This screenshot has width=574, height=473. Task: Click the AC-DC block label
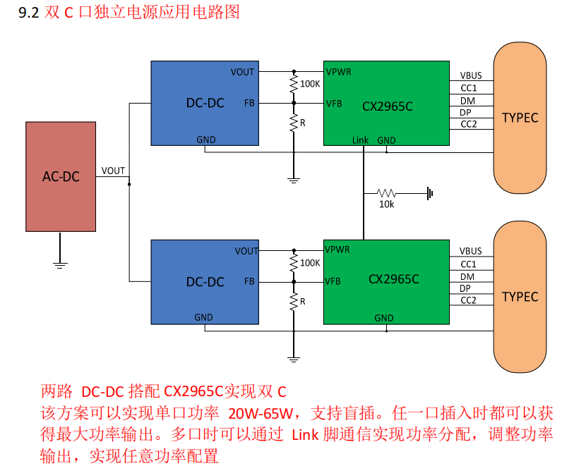point(61,176)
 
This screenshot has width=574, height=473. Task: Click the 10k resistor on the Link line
point(387,192)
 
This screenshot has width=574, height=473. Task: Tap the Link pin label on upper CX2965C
point(360,140)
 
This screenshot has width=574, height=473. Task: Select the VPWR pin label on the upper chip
point(338,72)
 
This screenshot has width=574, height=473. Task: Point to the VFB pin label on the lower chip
point(334,281)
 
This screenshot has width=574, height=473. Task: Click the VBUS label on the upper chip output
point(471,75)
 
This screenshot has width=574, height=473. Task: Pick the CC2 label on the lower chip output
point(469,300)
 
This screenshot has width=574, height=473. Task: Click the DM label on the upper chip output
point(467,100)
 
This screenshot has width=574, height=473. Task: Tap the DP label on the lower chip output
point(466,288)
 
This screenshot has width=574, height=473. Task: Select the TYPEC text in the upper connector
point(520,118)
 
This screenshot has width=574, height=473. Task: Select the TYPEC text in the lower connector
point(520,297)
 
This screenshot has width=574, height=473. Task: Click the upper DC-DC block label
point(205,103)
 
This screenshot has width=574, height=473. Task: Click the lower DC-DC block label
point(205,282)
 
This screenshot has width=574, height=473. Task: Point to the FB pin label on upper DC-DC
point(249,103)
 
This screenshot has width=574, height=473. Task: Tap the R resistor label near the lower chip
point(303,302)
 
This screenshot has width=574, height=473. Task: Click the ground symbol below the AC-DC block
point(60,264)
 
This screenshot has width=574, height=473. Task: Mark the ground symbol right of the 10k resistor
point(429,192)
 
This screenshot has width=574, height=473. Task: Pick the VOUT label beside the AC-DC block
point(113,171)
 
